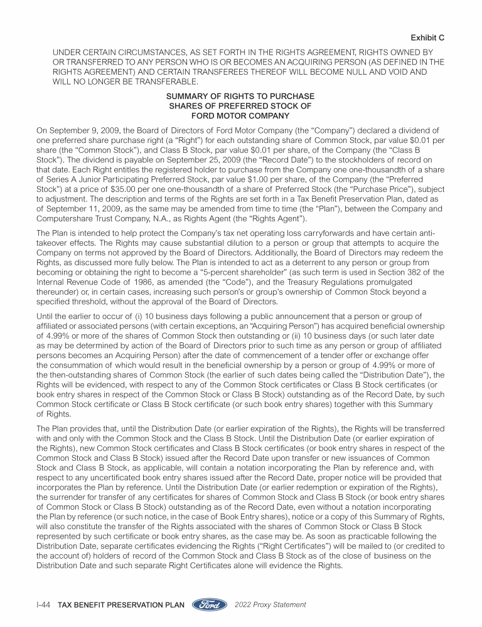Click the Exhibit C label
(x=427, y=38)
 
